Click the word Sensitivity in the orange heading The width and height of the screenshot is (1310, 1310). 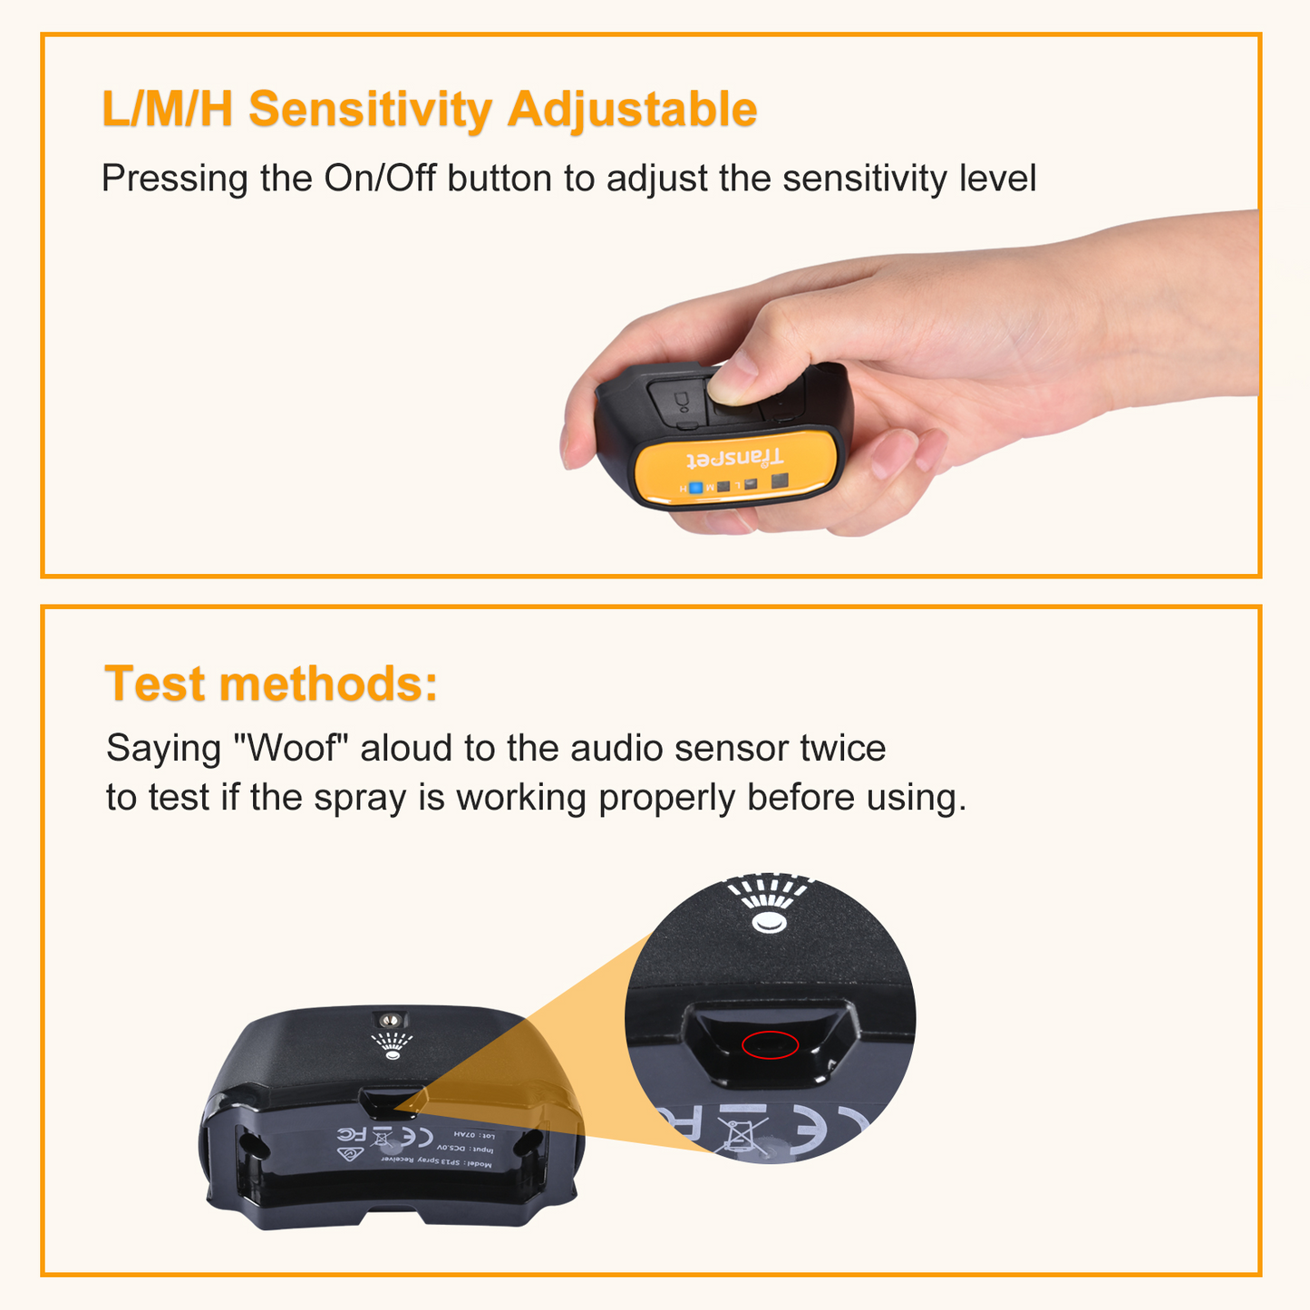point(369,110)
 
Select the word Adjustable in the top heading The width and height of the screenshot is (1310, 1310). point(632,110)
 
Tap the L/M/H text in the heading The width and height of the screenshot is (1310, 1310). point(168,110)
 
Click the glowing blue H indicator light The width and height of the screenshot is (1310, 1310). point(695,488)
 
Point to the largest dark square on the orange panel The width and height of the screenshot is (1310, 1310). point(780,480)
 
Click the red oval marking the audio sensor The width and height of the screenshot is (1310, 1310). point(770,1044)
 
